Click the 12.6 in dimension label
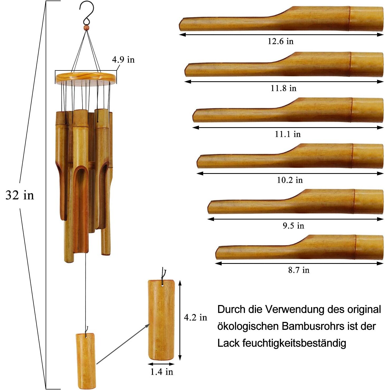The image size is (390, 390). point(280,41)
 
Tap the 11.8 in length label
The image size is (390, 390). point(283,88)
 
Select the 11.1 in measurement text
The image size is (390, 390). point(288,134)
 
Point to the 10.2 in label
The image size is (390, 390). point(290,180)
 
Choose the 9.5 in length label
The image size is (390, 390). point(293,226)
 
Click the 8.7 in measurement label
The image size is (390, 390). point(299,270)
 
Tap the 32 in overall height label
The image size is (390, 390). point(20,195)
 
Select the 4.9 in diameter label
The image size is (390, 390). point(123,60)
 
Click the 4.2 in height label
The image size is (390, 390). point(195,317)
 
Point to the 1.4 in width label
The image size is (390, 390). point(161,372)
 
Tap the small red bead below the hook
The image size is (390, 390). point(86,27)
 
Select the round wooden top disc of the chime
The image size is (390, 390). point(86,77)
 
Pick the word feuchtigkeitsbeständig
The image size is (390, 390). point(294,343)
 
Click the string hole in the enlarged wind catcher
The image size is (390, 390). point(162,285)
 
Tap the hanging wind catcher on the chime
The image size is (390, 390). point(85,360)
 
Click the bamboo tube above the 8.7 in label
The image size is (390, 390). point(299,247)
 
